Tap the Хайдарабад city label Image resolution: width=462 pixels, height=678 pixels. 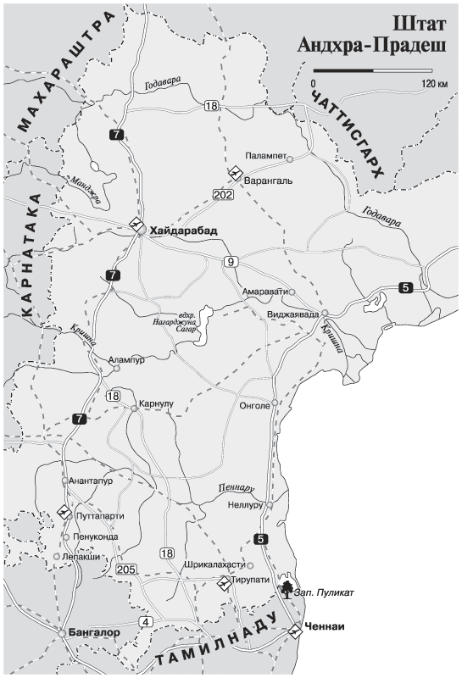pyautogui.click(x=183, y=231)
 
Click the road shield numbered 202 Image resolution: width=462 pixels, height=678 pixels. pyautogui.click(x=224, y=195)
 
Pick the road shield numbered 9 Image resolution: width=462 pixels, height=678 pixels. pyautogui.click(x=230, y=261)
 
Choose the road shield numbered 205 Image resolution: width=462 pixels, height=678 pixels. pyautogui.click(x=126, y=568)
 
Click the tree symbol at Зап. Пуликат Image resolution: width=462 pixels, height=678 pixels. pyautogui.click(x=288, y=589)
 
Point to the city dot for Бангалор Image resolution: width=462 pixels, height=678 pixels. pyautogui.click(x=62, y=631)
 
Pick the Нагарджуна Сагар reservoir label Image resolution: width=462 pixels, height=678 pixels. pyautogui.click(x=192, y=323)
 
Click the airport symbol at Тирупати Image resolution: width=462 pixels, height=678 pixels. pyautogui.click(x=225, y=582)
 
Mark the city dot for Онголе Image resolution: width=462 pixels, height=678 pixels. pyautogui.click(x=276, y=403)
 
